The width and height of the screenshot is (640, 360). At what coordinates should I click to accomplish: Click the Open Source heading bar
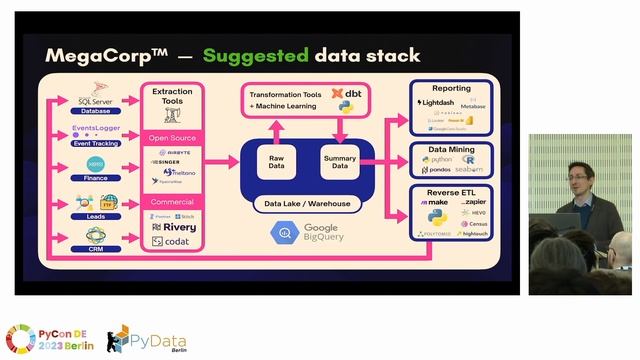click(x=172, y=138)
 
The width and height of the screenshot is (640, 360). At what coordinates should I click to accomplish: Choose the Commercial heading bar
click(x=172, y=202)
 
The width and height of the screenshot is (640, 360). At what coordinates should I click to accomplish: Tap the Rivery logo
click(x=173, y=226)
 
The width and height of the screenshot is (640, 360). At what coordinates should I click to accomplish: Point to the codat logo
click(x=172, y=241)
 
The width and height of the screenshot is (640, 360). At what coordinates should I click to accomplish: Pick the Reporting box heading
click(x=452, y=89)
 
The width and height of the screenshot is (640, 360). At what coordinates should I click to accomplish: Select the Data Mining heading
click(x=452, y=148)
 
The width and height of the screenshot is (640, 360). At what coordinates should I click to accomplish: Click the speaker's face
click(x=583, y=171)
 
